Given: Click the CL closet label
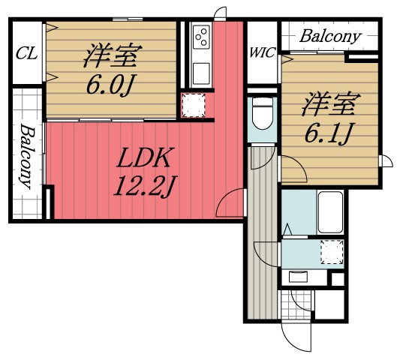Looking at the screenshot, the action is click(x=27, y=54).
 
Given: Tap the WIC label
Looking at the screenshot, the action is click(x=262, y=52).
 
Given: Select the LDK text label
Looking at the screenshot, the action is click(x=143, y=157).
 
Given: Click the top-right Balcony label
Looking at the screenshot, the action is click(x=331, y=36).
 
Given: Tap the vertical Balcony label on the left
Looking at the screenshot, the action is click(x=27, y=156).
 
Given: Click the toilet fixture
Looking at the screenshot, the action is click(x=263, y=114).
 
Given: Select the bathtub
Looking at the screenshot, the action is click(x=331, y=212).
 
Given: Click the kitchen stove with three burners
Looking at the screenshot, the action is click(x=201, y=37).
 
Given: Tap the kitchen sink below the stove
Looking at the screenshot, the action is click(x=201, y=73).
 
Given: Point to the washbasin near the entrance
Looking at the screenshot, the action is click(x=298, y=277).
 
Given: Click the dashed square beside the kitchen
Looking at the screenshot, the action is click(x=194, y=105).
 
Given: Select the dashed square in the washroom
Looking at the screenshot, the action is click(x=332, y=252).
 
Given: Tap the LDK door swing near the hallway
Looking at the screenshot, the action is click(x=231, y=202).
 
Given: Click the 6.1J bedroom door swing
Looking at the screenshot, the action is click(x=293, y=169).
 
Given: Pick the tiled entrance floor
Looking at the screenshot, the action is click(x=296, y=304).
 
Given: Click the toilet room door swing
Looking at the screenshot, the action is click(x=263, y=157).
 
